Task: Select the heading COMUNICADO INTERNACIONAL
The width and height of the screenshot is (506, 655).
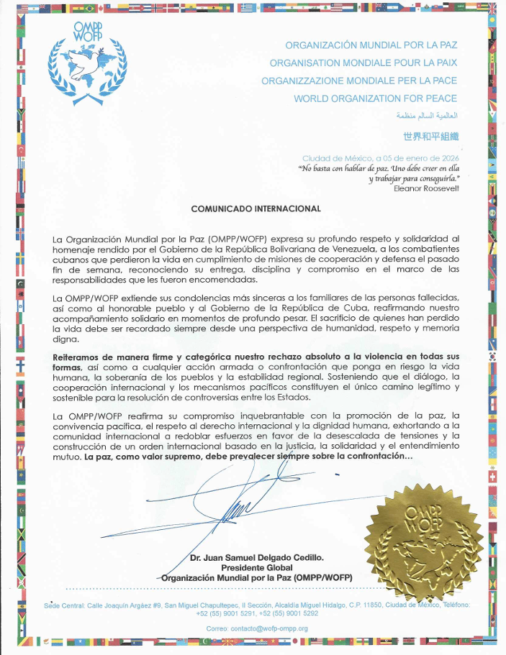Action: click(256, 209)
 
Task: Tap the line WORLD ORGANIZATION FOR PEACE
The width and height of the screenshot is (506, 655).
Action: click(375, 99)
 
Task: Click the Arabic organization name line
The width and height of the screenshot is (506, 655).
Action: click(427, 116)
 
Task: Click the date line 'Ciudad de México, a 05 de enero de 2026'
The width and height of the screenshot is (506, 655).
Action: click(380, 158)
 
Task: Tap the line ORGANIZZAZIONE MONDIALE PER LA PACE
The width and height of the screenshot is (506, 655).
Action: click(358, 81)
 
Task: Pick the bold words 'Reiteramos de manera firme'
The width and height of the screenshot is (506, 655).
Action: click(107, 357)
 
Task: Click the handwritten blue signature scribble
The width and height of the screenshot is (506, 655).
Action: click(238, 503)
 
